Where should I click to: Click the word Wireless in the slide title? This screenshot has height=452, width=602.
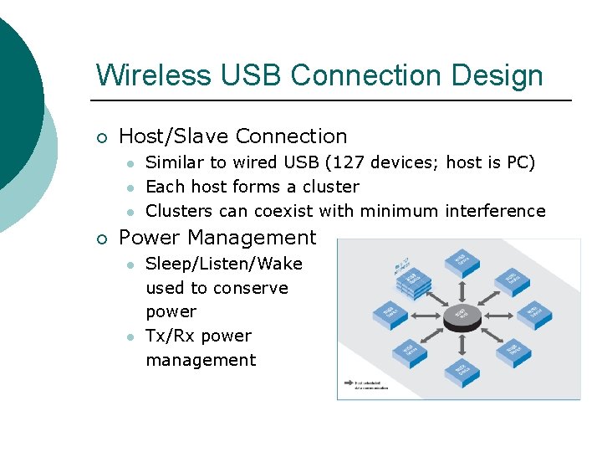point(154,74)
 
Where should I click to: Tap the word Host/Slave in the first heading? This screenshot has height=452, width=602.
point(174,136)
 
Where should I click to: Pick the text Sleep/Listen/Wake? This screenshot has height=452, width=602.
point(223,264)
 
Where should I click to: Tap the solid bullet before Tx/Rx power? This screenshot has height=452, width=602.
point(130,336)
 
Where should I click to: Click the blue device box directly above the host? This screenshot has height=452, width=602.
point(460,260)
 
